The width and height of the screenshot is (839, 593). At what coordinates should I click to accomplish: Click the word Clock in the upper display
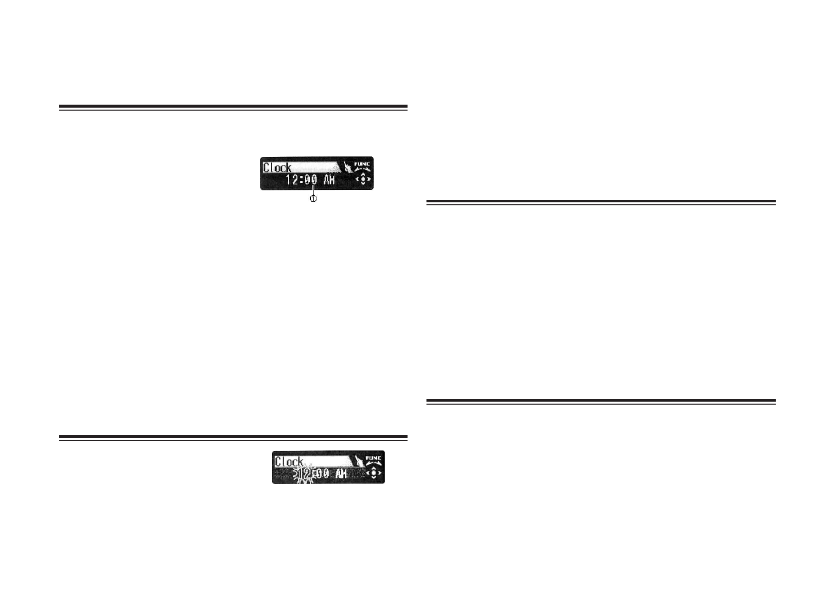pos(277,167)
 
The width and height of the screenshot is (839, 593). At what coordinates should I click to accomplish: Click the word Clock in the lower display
pos(289,461)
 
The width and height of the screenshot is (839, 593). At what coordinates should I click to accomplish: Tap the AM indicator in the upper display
pos(329,180)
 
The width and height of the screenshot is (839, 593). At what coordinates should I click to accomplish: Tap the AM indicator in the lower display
pos(341,473)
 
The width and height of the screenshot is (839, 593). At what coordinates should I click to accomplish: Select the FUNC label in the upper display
pos(362,163)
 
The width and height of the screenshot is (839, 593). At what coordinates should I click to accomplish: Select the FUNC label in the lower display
pos(374,457)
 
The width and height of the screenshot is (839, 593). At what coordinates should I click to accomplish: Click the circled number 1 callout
pos(313,198)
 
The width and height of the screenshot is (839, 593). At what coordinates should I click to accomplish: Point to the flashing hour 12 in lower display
pos(304,473)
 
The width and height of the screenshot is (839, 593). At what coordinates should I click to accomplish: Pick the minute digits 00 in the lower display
pos(323,473)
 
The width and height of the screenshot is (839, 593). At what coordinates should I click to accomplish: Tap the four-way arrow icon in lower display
pos(374,473)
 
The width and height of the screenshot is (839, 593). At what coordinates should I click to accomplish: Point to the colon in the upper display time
pos(302,180)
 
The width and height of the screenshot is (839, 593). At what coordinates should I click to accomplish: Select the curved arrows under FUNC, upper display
pos(362,169)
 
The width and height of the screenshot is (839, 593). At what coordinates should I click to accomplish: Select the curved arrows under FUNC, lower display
pos(374,463)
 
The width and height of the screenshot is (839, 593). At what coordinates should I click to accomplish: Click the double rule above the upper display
pos(233,107)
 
